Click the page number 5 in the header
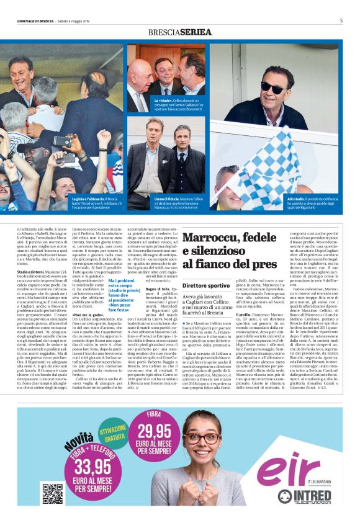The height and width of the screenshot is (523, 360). [x=341, y=20]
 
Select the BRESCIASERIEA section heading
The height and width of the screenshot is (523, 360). [x=180, y=32]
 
